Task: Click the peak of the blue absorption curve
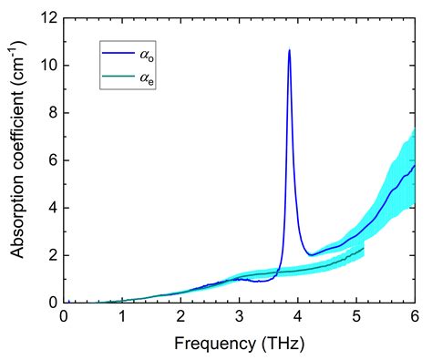(289, 50)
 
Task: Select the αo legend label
(146, 56)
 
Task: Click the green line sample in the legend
(118, 78)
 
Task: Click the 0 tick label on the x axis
(64, 316)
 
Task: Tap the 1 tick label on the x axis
(122, 316)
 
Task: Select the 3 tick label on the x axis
(240, 316)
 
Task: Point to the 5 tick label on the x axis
(356, 316)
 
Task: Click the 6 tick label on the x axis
(415, 316)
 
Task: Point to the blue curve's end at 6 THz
(415, 165)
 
